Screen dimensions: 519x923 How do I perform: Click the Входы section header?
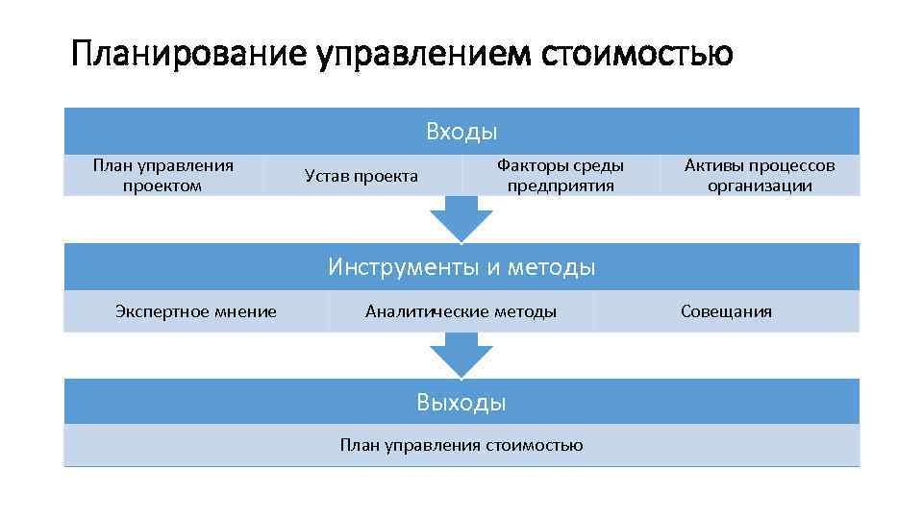[x=461, y=132]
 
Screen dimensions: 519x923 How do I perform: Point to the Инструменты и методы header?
[x=461, y=266]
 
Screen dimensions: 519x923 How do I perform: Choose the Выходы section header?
[x=461, y=402]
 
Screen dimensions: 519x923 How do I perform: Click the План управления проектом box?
[x=162, y=175]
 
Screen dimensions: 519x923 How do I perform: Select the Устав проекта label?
[x=361, y=176]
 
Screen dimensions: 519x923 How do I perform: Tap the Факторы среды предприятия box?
[x=561, y=175]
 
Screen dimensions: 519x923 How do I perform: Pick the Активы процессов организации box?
[x=760, y=175]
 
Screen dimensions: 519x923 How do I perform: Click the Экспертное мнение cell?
[x=195, y=311]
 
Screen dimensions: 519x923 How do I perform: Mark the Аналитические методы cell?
[x=461, y=311]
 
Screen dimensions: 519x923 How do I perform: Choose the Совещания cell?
[x=726, y=311]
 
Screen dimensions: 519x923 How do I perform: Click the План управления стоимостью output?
[x=461, y=445]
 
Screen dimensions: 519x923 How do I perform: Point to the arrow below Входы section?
[x=461, y=219]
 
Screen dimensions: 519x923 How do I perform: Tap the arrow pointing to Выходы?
[x=461, y=355]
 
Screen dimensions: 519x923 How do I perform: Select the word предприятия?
[x=561, y=185]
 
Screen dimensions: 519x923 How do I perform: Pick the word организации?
[x=760, y=185]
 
